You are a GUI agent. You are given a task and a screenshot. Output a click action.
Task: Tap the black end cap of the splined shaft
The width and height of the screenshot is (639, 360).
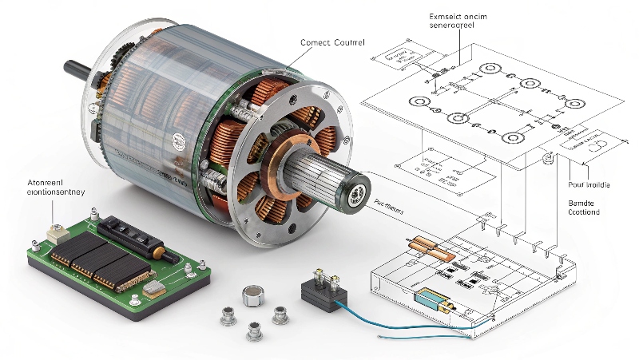(352, 190)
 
